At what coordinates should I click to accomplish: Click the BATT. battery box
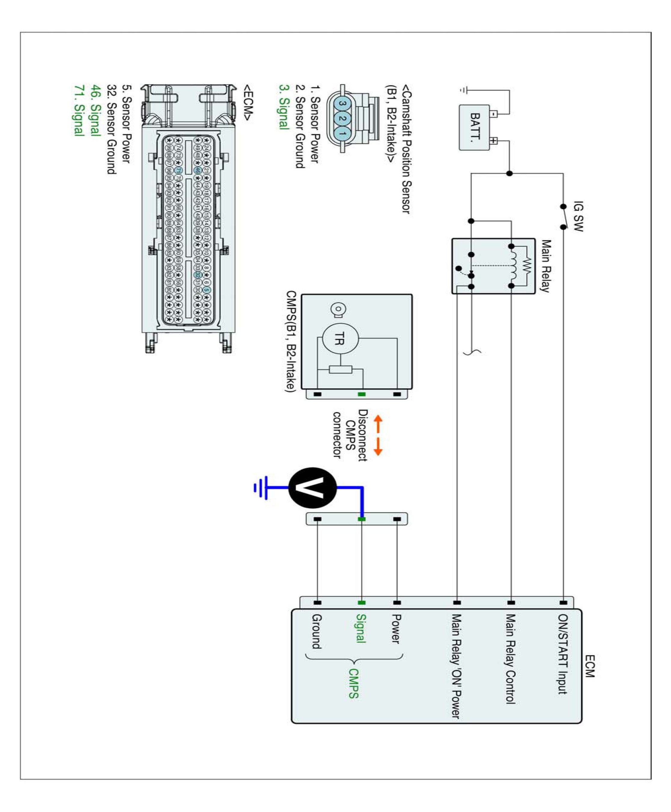[474, 127]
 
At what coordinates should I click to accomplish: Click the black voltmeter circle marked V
[313, 488]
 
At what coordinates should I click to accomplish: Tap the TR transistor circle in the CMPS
[340, 338]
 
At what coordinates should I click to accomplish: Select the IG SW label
[578, 216]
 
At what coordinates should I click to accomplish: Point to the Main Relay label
[546, 266]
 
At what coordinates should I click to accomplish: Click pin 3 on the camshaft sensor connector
[342, 103]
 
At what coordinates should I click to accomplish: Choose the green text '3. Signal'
[284, 107]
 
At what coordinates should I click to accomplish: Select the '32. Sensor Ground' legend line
[111, 129]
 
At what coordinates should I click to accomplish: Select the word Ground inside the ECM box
[317, 631]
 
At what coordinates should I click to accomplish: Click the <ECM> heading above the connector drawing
[248, 103]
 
